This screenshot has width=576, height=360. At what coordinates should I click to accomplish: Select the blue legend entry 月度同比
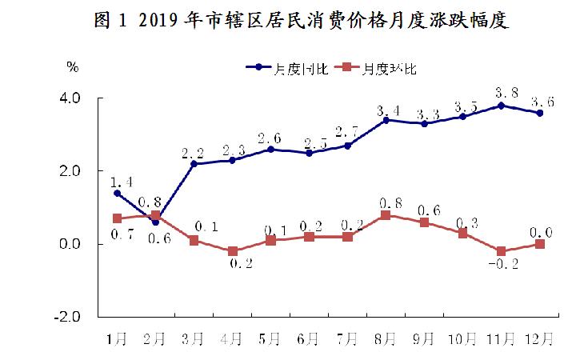(279, 69)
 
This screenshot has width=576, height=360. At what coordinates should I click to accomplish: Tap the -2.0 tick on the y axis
(67, 317)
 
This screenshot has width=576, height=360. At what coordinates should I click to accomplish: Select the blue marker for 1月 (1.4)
(118, 193)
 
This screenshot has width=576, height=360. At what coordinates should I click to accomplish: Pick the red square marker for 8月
(385, 215)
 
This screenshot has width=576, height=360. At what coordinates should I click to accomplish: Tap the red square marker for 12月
(540, 244)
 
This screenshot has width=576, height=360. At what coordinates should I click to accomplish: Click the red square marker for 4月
(232, 251)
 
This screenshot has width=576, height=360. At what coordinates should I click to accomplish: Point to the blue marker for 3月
(194, 164)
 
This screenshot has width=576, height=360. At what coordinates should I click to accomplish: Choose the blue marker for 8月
(385, 120)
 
